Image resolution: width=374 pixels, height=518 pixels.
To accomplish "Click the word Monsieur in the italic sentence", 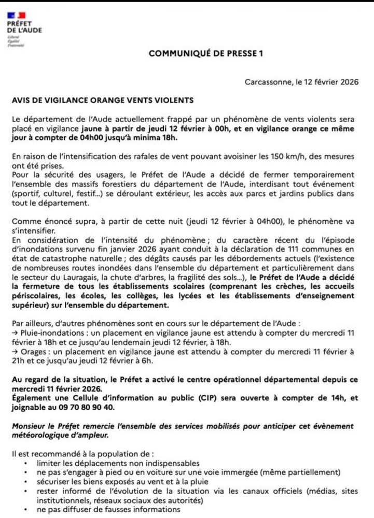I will click(x=30, y=426).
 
